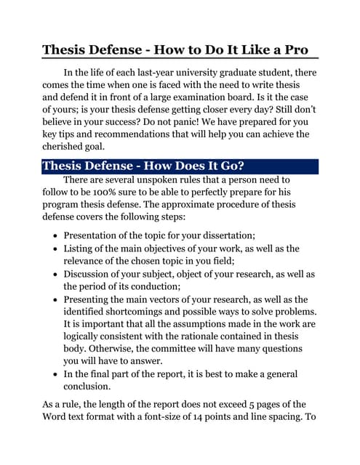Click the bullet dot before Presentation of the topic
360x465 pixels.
point(56,236)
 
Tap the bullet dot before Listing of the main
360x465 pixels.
point(56,249)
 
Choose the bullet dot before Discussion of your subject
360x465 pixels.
point(56,275)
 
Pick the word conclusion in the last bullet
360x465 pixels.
point(92,387)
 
